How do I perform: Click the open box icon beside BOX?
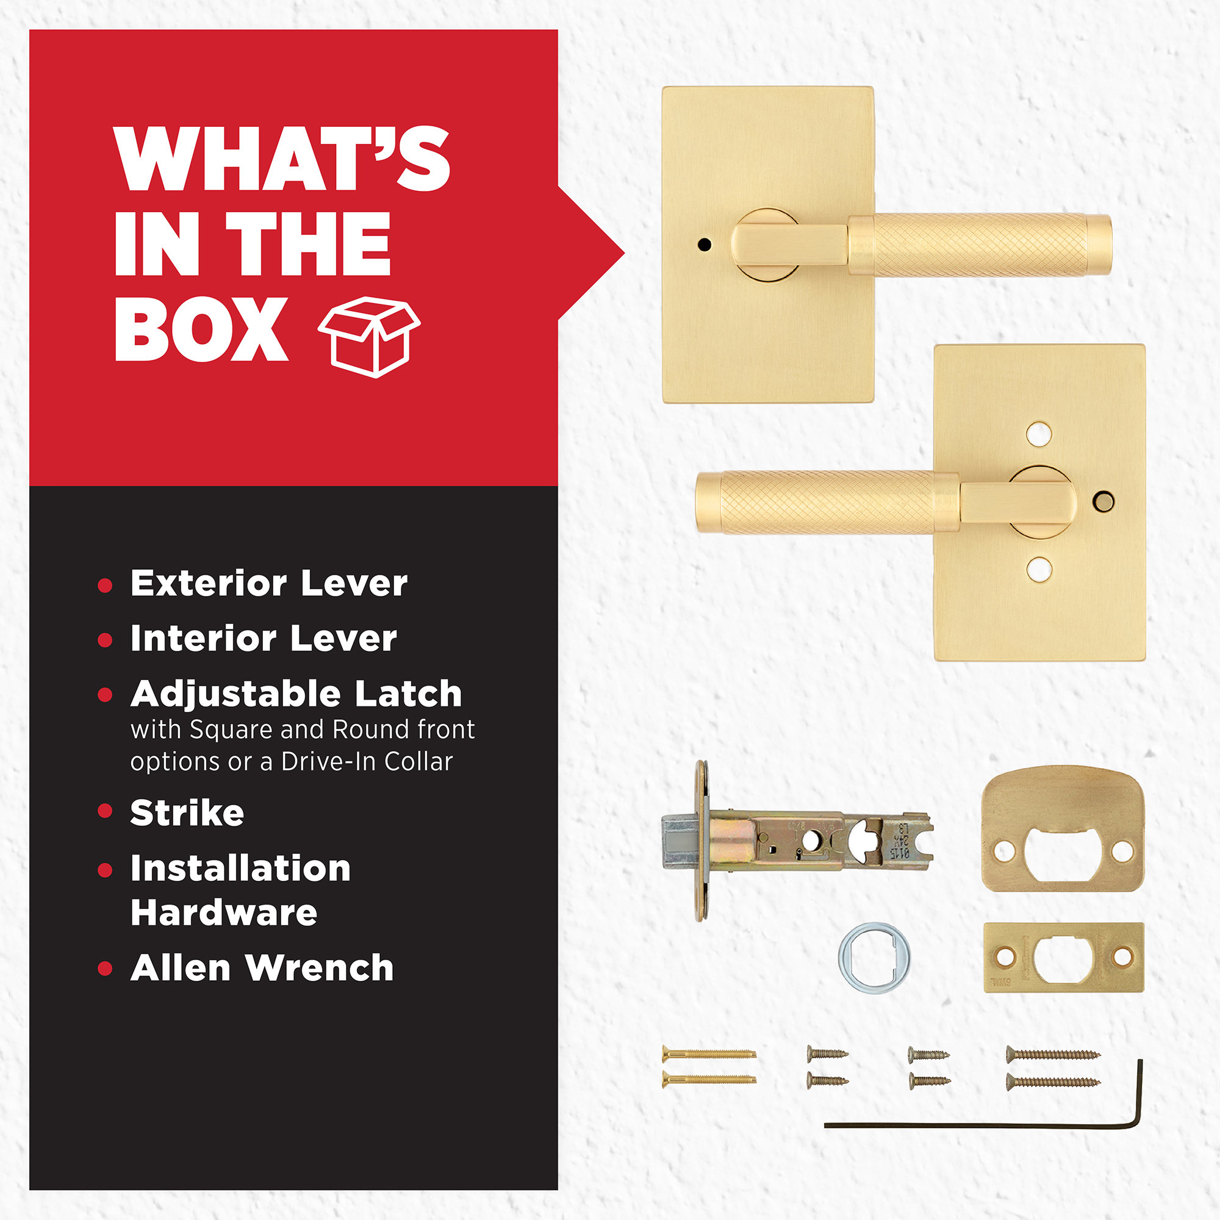[370, 337]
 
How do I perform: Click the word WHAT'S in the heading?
[282, 159]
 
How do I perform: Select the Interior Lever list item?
[264, 639]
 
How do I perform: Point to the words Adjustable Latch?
[296, 695]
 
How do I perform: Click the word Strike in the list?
[187, 813]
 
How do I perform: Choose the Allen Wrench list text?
[262, 968]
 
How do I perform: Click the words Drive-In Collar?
[367, 761]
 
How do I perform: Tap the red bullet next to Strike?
[106, 810]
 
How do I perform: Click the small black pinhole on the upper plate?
[705, 245]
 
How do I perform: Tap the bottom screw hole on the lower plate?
[1039, 570]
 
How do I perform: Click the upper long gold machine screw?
[708, 1053]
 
